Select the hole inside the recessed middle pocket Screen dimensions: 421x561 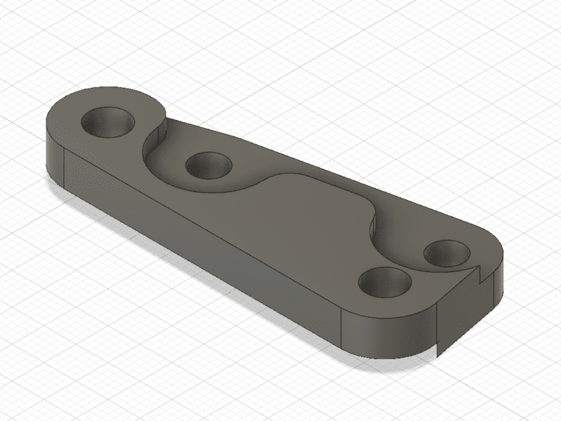(x=208, y=166)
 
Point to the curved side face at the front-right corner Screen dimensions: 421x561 (x=386, y=337)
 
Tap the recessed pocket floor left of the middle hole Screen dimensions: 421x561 (x=168, y=163)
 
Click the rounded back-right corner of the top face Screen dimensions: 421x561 (x=484, y=235)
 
